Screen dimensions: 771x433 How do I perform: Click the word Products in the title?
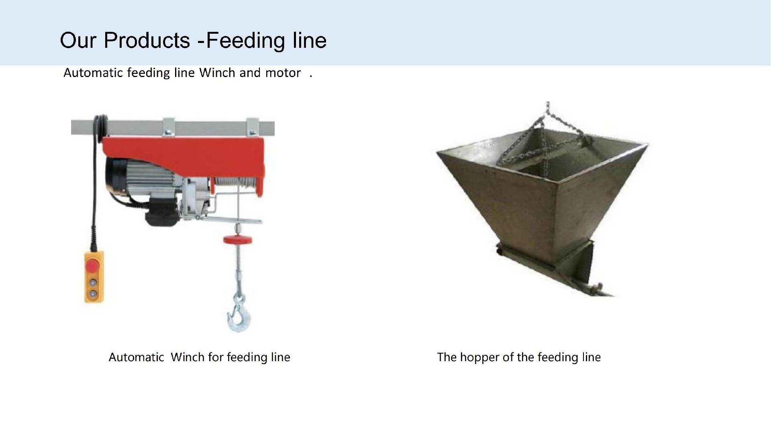(147, 40)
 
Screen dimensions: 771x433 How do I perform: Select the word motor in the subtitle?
(283, 73)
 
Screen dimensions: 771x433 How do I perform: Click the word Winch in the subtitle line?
(217, 73)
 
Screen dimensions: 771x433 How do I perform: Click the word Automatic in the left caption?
(137, 357)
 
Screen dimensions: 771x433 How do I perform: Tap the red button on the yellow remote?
(93, 266)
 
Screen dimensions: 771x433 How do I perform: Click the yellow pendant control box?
(94, 276)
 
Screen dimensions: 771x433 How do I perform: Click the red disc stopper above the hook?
(238, 240)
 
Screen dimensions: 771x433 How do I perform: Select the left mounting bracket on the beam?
(169, 127)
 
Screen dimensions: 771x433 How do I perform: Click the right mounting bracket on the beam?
(253, 127)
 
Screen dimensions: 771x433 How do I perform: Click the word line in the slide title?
(310, 40)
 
